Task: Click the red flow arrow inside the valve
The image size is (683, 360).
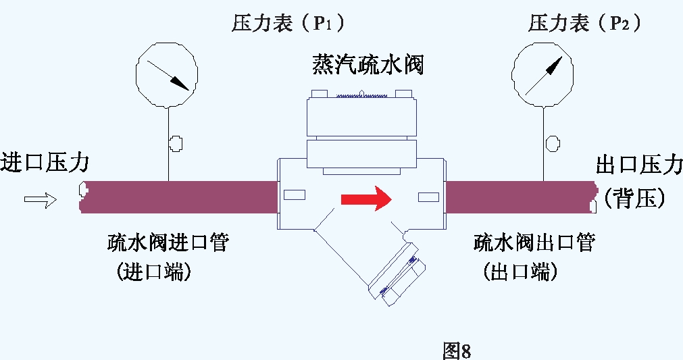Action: (x=365, y=199)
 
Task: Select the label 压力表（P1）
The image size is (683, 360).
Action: (x=288, y=24)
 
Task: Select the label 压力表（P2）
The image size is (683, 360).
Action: (x=585, y=24)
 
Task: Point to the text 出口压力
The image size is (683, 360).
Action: (x=639, y=164)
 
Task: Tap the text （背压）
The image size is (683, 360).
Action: (x=636, y=197)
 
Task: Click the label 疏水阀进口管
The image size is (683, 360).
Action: (x=168, y=242)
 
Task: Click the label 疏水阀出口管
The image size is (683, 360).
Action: (x=534, y=242)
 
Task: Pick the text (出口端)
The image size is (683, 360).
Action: (x=520, y=272)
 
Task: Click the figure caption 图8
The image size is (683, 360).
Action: (x=456, y=351)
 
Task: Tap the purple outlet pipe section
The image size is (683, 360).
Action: (x=520, y=197)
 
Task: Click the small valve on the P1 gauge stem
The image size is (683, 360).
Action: (x=176, y=143)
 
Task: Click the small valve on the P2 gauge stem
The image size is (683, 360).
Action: (x=553, y=143)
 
